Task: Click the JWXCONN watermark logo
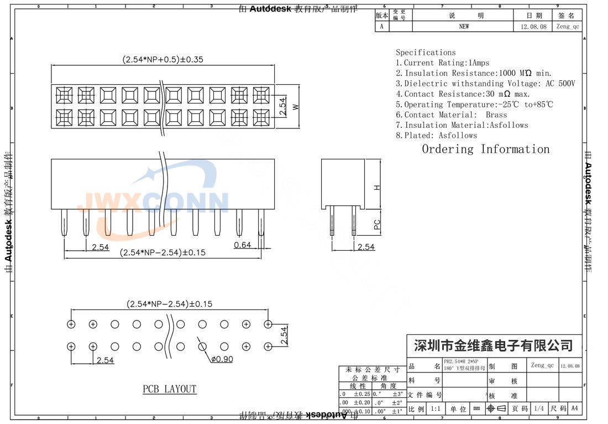155,202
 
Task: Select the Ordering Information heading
485,149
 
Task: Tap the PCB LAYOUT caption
169,389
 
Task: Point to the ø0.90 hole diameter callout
222,359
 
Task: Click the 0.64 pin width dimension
242,245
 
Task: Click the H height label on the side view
377,187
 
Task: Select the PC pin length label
377,224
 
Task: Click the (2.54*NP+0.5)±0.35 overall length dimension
160,60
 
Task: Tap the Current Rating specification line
442,63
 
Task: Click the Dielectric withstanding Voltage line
485,84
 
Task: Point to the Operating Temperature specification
474,104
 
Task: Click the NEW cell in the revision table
464,27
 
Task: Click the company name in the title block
494,346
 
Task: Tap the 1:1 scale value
435,409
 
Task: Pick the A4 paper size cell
574,409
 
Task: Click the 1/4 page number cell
537,409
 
